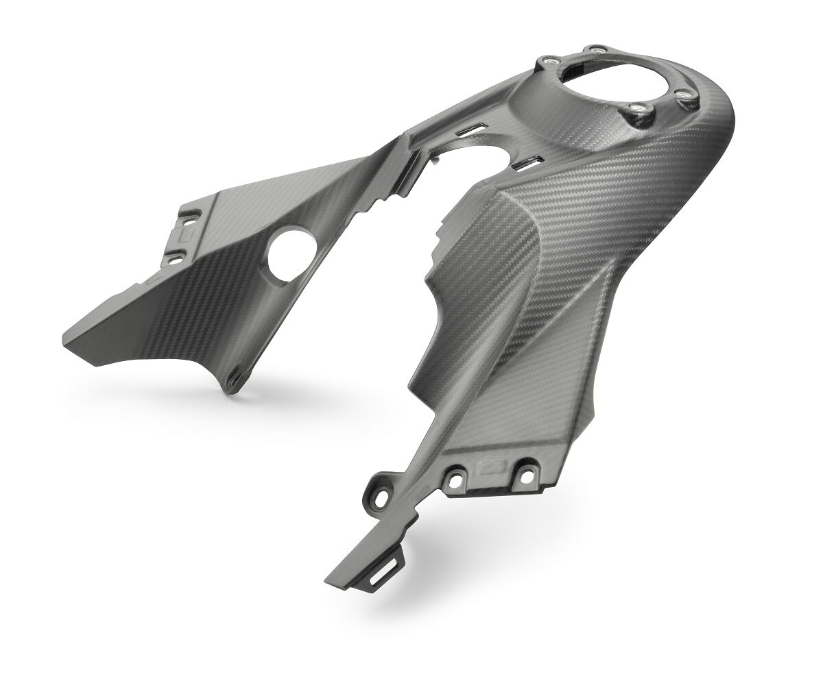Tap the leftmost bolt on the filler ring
pyautogui.click(x=547, y=62)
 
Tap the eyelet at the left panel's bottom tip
pyautogui.click(x=235, y=374)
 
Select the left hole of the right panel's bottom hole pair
pyautogui.click(x=454, y=475)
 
